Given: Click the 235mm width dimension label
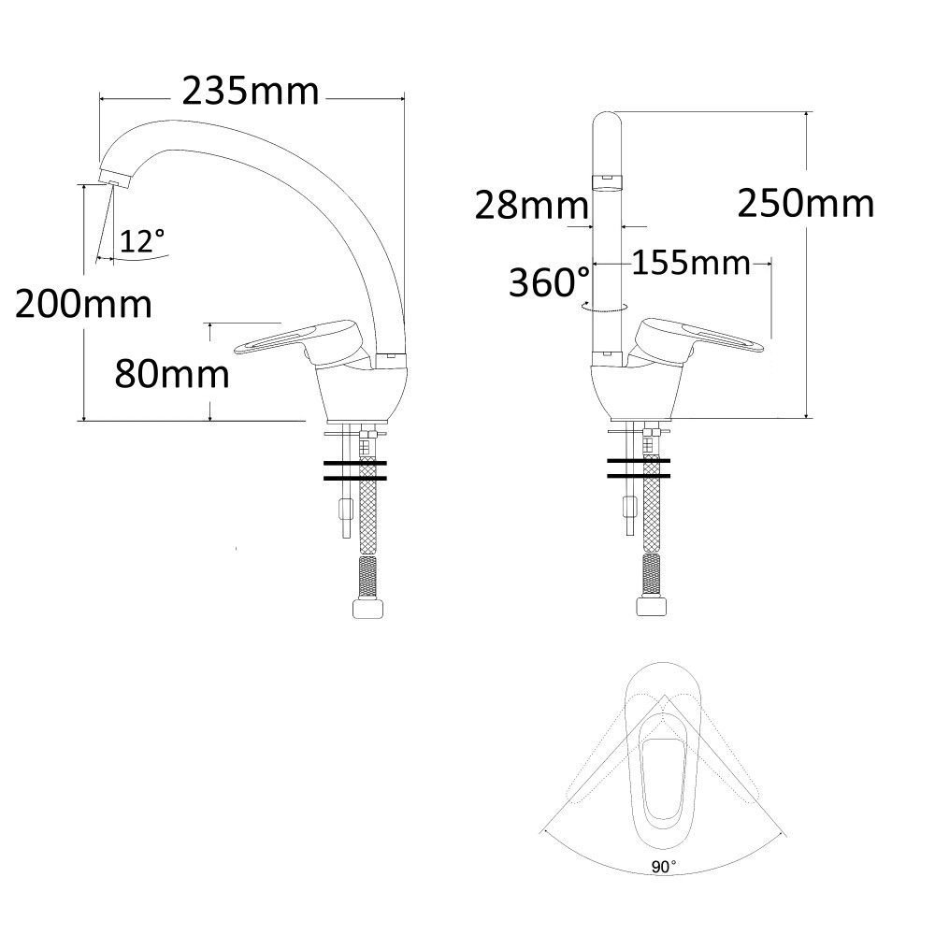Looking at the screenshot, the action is (251, 92).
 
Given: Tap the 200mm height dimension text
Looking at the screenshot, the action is (83, 304).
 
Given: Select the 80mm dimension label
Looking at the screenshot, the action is (172, 374).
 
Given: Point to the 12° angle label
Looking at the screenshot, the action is (142, 241).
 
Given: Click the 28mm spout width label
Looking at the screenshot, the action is (532, 206).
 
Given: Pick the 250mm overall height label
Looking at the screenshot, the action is (806, 203).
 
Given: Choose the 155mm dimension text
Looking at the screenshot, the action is (691, 263).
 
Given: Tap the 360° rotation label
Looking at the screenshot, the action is (549, 281).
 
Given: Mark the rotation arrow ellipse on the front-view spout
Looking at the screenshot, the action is (604, 307).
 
